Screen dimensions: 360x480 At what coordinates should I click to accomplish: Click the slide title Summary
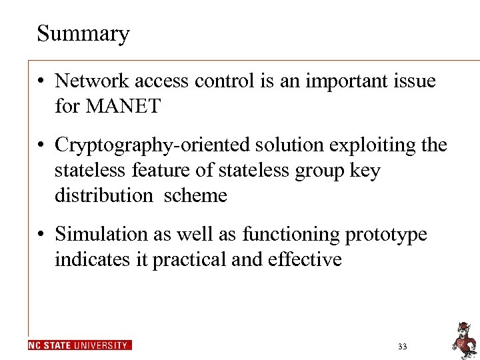click(83, 33)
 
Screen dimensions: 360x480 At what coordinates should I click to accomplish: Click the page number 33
click(402, 347)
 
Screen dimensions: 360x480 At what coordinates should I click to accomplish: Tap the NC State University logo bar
click(80, 345)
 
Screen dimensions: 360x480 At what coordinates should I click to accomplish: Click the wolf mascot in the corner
click(462, 338)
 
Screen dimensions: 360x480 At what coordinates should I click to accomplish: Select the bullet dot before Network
click(41, 82)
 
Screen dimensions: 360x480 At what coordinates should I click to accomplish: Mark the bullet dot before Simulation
click(41, 235)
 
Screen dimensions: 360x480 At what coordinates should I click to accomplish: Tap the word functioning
click(289, 235)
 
